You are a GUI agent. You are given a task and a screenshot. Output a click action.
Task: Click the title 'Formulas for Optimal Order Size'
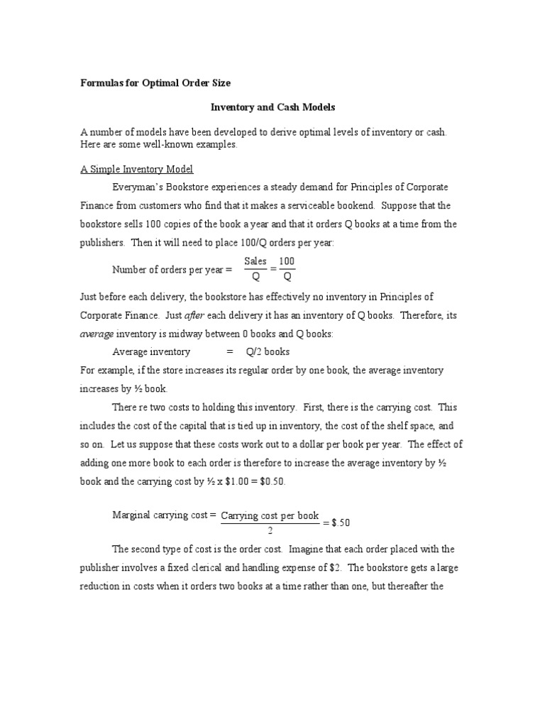(x=155, y=83)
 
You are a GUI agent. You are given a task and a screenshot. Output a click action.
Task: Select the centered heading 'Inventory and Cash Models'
(x=272, y=107)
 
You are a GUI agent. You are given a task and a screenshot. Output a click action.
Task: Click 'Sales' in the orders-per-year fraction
(x=255, y=261)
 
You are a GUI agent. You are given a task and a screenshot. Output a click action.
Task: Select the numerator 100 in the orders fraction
(x=287, y=261)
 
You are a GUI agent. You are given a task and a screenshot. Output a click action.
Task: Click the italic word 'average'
(x=96, y=334)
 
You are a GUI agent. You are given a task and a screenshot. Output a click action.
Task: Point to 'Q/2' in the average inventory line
(x=254, y=352)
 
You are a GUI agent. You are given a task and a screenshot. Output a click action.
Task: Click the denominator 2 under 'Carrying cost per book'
(x=270, y=530)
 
